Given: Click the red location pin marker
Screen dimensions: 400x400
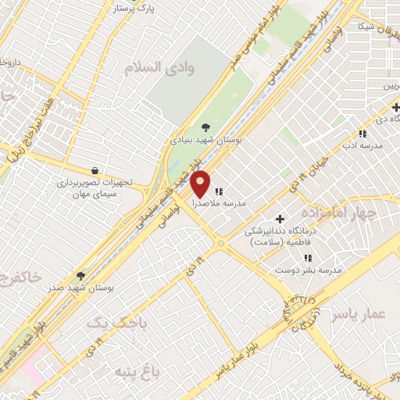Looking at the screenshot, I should click(201, 183).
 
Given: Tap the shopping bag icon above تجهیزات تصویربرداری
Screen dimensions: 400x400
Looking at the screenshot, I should click(95, 170).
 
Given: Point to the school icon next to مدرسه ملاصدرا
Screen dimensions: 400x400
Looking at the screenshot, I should click(219, 190).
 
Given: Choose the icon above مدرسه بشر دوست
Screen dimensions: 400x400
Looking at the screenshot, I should click(308, 257).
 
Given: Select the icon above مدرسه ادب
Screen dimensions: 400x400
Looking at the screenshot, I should click(361, 134).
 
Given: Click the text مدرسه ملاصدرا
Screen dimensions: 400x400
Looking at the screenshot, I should click(235, 202).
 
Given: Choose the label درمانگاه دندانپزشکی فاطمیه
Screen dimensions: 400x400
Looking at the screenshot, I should click(277, 237).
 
